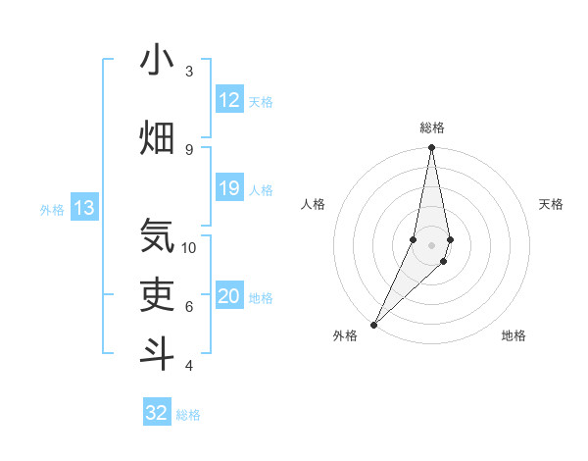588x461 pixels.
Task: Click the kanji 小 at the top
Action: click(157, 60)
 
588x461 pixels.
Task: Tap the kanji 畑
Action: click(157, 137)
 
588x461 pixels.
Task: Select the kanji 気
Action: click(157, 235)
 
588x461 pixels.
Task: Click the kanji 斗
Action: click(157, 352)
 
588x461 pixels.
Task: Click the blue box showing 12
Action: click(229, 100)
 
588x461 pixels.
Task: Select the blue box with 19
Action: click(229, 188)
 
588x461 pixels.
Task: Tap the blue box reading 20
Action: click(229, 297)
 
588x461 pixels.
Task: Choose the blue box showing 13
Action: click(84, 208)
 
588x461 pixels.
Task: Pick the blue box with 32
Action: click(157, 413)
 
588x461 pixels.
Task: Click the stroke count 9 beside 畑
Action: click(188, 149)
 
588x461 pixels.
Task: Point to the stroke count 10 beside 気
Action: click(189, 247)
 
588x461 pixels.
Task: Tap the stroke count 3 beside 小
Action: click(188, 71)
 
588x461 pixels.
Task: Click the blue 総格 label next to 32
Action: click(189, 415)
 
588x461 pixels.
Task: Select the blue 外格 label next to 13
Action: click(52, 209)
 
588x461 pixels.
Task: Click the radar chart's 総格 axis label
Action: click(432, 128)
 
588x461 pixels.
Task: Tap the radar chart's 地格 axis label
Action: click(514, 336)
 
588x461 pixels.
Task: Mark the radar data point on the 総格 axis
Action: click(431, 148)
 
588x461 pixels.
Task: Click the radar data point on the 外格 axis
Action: click(374, 324)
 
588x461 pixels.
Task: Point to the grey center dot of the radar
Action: click(431, 244)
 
